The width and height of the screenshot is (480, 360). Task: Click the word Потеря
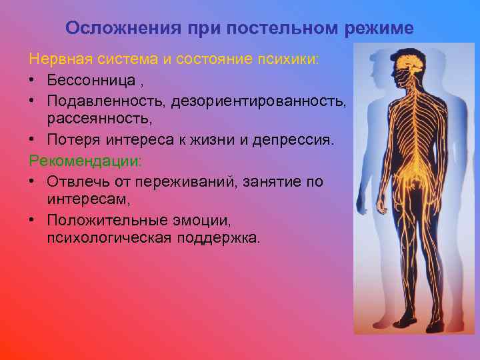tap(70, 141)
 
